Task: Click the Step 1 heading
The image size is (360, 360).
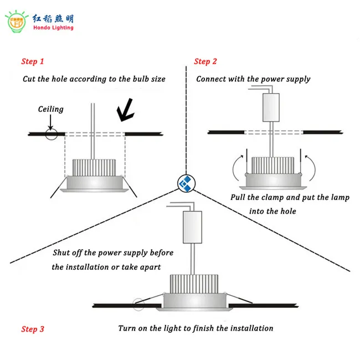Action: (x=33, y=61)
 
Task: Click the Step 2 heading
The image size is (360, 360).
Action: (x=205, y=61)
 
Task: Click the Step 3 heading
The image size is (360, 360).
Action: (x=33, y=329)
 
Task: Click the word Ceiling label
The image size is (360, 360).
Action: (x=50, y=109)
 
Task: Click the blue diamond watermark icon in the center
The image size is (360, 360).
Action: (x=185, y=183)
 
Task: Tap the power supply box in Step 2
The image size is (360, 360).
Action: (x=270, y=107)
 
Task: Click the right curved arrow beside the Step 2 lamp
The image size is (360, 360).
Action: (x=311, y=164)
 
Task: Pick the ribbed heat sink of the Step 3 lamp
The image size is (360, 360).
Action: (x=191, y=283)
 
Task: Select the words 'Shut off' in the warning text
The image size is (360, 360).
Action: (x=67, y=253)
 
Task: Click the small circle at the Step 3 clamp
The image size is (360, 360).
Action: (x=138, y=304)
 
